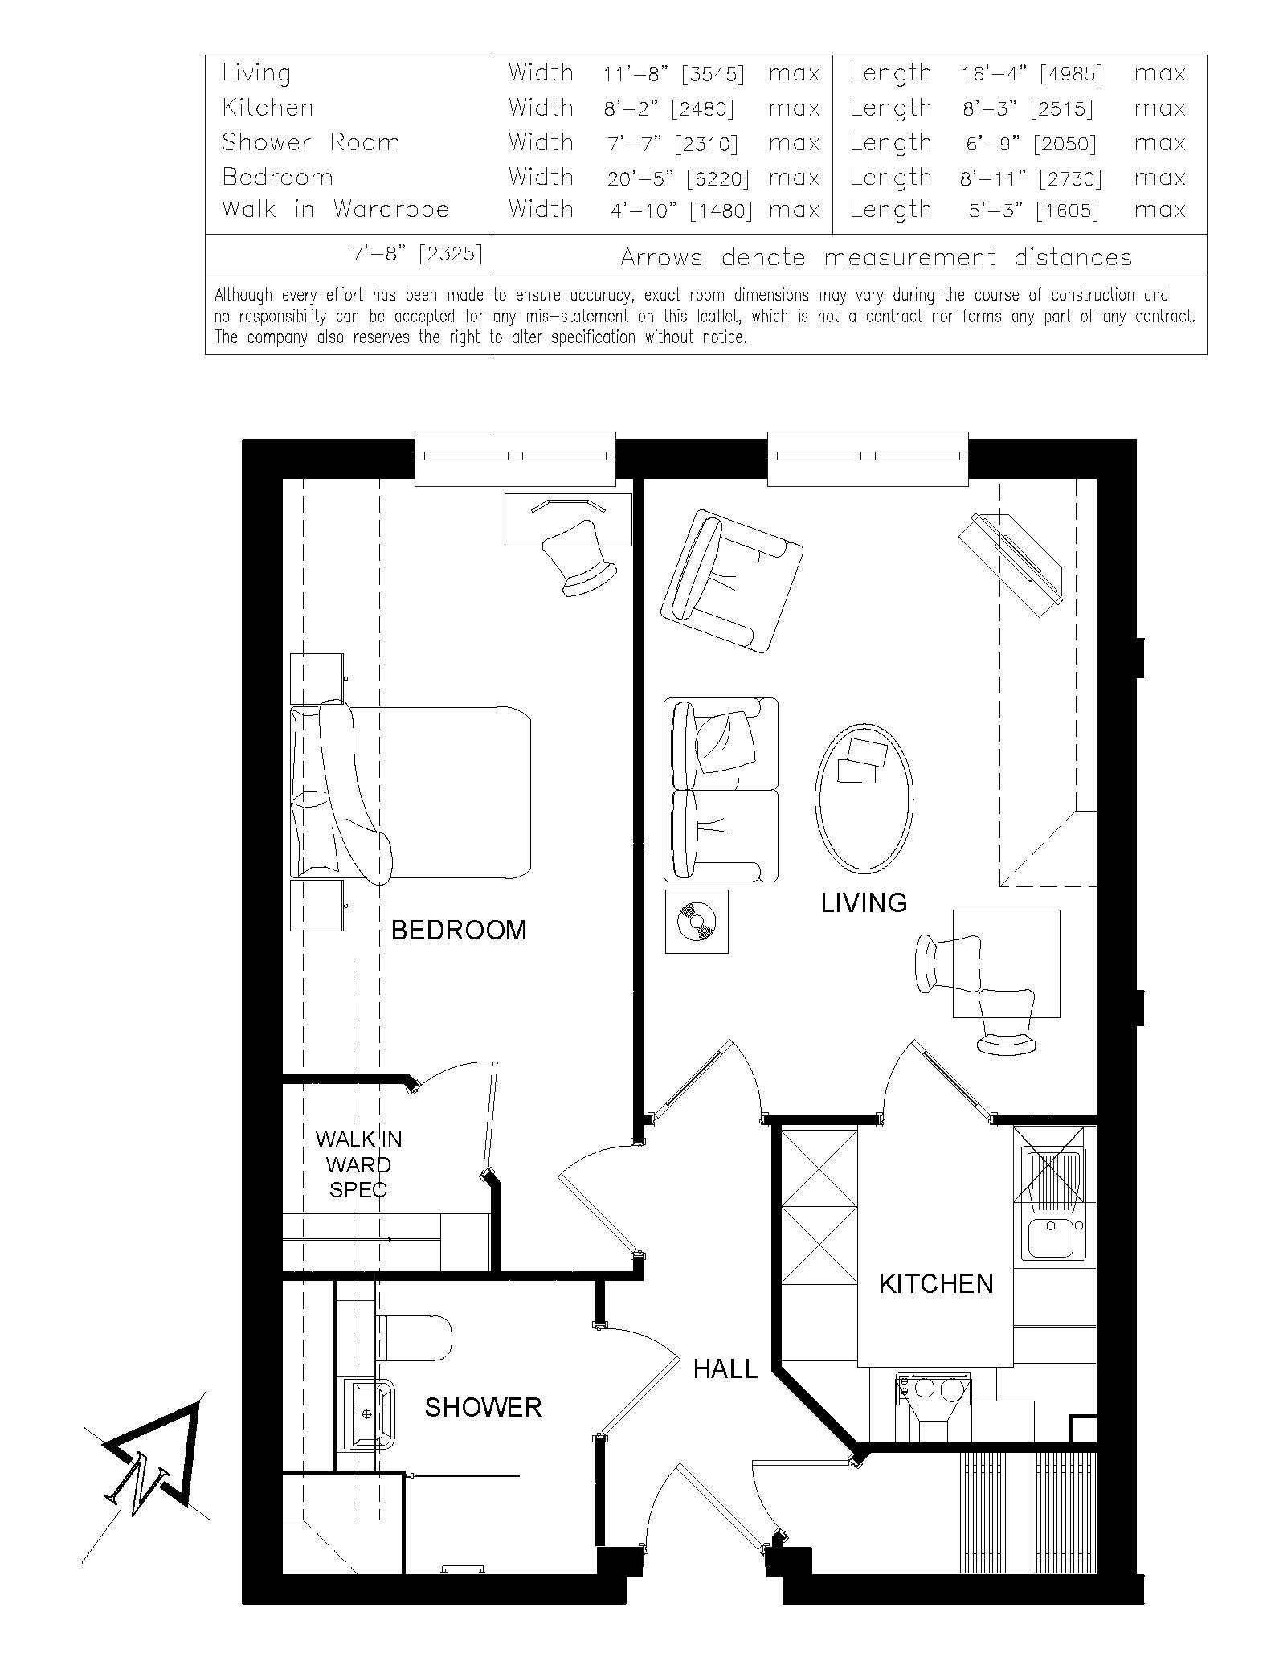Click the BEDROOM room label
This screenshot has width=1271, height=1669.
tap(459, 931)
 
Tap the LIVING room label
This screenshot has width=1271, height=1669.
tap(864, 903)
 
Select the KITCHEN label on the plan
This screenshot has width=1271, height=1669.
tap(936, 1284)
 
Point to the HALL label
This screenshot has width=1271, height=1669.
tap(725, 1368)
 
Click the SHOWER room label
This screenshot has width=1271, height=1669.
tap(483, 1407)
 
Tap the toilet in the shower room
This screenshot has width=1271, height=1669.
tap(414, 1338)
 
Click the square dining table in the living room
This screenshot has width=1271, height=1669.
tap(1006, 963)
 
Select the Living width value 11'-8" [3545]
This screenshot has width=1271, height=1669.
tap(674, 74)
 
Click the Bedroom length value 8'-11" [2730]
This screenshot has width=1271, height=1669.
tap(1032, 178)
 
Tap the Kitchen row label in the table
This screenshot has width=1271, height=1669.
tap(268, 108)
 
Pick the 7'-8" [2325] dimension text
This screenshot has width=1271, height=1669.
tap(417, 255)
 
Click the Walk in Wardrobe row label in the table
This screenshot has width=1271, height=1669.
tap(336, 210)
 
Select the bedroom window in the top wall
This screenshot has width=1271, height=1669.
tap(515, 459)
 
